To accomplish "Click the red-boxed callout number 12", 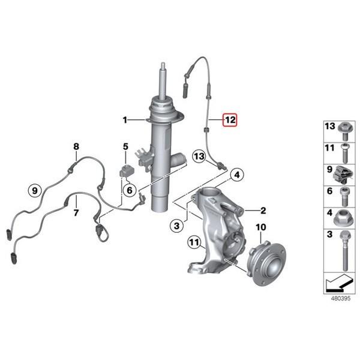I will pos(230,120).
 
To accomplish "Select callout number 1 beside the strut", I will pos(125,120).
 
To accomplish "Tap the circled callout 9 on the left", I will pos(35,191).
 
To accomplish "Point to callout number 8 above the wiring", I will pos(76,146).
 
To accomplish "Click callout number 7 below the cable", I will pos(76,213).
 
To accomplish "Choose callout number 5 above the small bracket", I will pos(125,146).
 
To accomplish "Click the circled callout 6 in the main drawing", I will pos(128,190).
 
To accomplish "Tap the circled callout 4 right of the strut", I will pos(237,175).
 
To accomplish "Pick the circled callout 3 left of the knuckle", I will pos(176,226).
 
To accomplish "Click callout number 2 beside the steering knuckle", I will pos(262,210).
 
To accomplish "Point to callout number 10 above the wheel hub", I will pos(260,227).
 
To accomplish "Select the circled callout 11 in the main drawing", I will pos(193,243).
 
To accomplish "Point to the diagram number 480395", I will pos(337,296).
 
